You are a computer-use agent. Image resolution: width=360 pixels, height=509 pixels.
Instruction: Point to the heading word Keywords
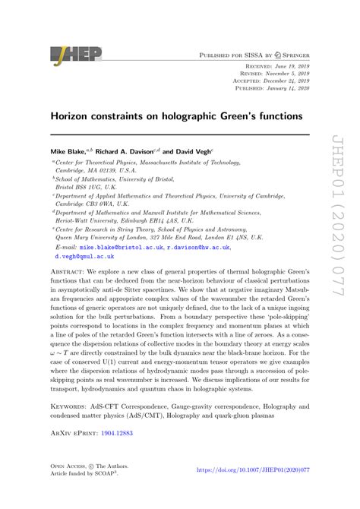[x=71, y=406]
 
